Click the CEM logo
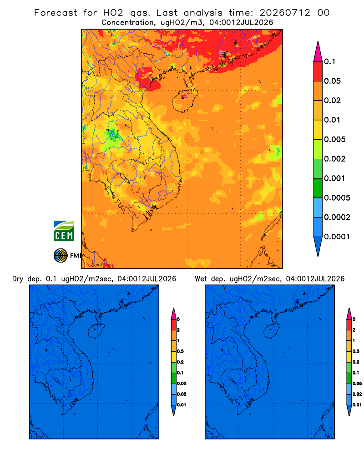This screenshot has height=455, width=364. click(64, 231)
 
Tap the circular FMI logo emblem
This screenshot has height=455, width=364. click(61, 255)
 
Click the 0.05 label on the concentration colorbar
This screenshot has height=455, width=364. click(332, 81)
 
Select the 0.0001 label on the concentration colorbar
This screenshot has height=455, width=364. click(337, 237)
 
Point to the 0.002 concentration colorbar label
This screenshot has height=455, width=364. click(335, 159)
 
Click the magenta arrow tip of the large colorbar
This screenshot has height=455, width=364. click(318, 51)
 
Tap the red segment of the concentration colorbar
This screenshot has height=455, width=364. click(318, 71)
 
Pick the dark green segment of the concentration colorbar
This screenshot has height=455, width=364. click(318, 188)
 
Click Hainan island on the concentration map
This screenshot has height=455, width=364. click(185, 101)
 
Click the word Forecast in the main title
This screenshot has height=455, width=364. click(56, 13)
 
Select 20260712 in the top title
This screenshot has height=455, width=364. click(284, 13)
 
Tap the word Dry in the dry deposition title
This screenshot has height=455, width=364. click(18, 279)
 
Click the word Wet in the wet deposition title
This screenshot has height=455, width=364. click(201, 279)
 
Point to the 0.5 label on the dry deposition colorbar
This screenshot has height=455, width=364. click(180, 351)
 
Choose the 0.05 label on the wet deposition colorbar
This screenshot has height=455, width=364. click(357, 383)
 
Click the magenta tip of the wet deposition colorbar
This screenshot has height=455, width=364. click(349, 313)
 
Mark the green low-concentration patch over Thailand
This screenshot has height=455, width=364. click(113, 135)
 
